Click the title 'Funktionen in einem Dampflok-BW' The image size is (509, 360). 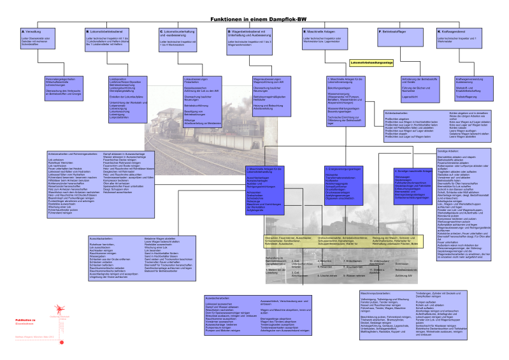[254, 20]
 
